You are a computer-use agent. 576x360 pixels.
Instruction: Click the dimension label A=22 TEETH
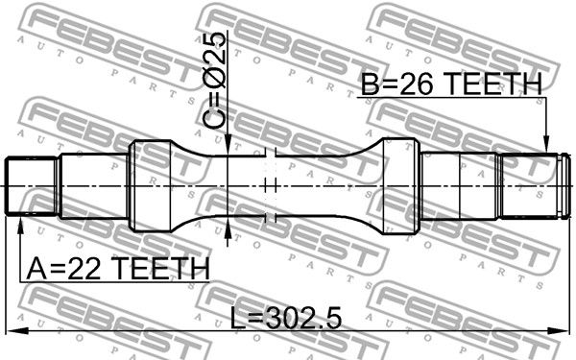(118, 269)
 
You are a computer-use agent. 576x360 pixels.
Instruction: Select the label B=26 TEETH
(451, 84)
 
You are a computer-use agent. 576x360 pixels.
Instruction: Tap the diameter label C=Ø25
(214, 81)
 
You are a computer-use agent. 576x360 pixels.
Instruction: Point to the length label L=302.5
(285, 318)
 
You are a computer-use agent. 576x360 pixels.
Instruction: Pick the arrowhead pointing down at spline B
(546, 143)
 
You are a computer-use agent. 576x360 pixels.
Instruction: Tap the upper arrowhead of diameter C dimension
(228, 145)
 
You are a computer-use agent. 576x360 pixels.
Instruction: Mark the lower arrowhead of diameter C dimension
(228, 227)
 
